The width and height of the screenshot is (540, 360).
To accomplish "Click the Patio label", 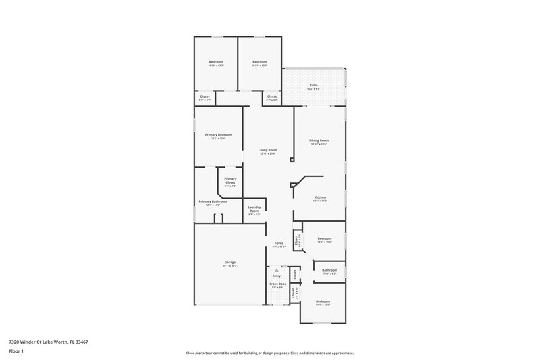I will pyautogui.click(x=314, y=85).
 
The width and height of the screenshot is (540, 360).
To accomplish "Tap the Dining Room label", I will pyautogui.click(x=319, y=140).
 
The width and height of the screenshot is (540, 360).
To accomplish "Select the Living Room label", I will pyautogui.click(x=268, y=150).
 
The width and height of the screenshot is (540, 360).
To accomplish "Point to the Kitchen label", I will pyautogui.click(x=320, y=197).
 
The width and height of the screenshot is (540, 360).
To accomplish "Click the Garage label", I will pyautogui.click(x=230, y=262).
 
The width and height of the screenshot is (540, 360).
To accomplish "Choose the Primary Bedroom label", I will pyautogui.click(x=219, y=134).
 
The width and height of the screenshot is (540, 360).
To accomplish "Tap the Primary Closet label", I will pyautogui.click(x=230, y=180).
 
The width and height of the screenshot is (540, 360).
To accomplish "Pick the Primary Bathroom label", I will pyautogui.click(x=213, y=201).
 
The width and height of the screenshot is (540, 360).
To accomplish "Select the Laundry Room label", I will pyautogui.click(x=254, y=209).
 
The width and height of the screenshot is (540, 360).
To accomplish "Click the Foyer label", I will pyautogui.click(x=278, y=243).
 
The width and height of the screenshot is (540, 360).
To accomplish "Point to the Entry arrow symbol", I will pyautogui.click(x=276, y=269).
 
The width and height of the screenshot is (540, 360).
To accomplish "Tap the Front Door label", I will pyautogui.click(x=278, y=284).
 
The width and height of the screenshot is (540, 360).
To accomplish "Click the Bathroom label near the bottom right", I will pyautogui.click(x=329, y=270).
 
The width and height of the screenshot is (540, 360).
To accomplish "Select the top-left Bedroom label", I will pyautogui.click(x=215, y=62).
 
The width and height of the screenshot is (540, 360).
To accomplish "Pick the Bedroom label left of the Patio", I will pyautogui.click(x=260, y=62).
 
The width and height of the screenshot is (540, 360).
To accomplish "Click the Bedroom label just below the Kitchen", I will pyautogui.click(x=325, y=238).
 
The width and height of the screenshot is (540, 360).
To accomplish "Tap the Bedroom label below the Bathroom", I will pyautogui.click(x=323, y=301).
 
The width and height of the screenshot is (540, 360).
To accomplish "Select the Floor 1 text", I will pyautogui.click(x=16, y=351).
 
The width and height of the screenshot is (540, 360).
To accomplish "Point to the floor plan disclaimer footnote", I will pyautogui.click(x=269, y=353).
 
